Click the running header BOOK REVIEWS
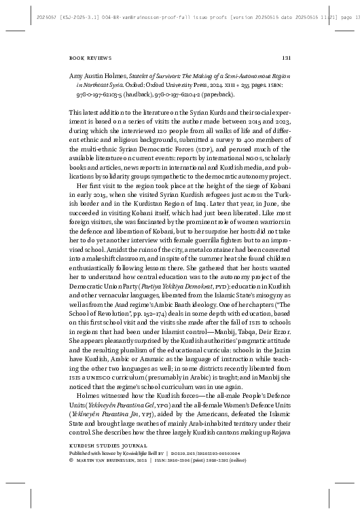click(x=91, y=58)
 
